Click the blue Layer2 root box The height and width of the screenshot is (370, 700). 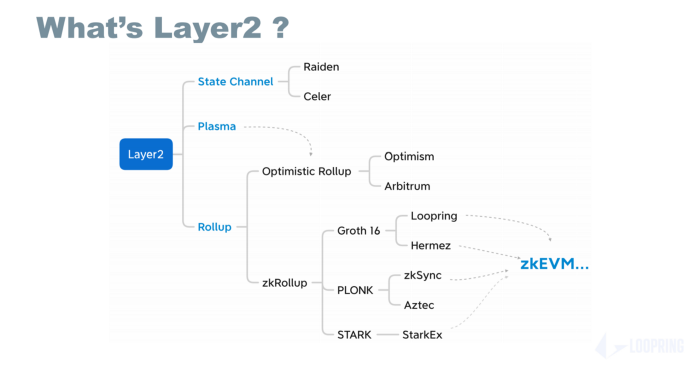(x=146, y=154)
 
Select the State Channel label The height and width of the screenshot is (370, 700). (x=235, y=81)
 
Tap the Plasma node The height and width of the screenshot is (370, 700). (x=216, y=127)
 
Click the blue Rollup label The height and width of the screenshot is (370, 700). (x=214, y=227)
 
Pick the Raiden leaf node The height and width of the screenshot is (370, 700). (x=322, y=66)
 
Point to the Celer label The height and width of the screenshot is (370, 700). (x=317, y=96)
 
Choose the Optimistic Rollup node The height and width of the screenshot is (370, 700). (x=306, y=171)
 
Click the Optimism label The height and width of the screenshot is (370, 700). (x=409, y=157)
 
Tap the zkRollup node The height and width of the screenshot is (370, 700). (x=284, y=283)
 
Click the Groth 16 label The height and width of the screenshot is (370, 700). (x=358, y=231)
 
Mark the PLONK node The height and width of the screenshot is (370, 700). (x=355, y=290)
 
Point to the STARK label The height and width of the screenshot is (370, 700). (x=354, y=334)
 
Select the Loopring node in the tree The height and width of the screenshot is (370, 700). (x=433, y=215)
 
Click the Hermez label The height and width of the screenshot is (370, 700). (x=431, y=245)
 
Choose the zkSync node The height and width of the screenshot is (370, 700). (x=422, y=275)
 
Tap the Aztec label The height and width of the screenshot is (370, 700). (x=419, y=305)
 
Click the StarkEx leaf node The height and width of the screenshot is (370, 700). (x=422, y=334)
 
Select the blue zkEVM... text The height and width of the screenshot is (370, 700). (x=554, y=265)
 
